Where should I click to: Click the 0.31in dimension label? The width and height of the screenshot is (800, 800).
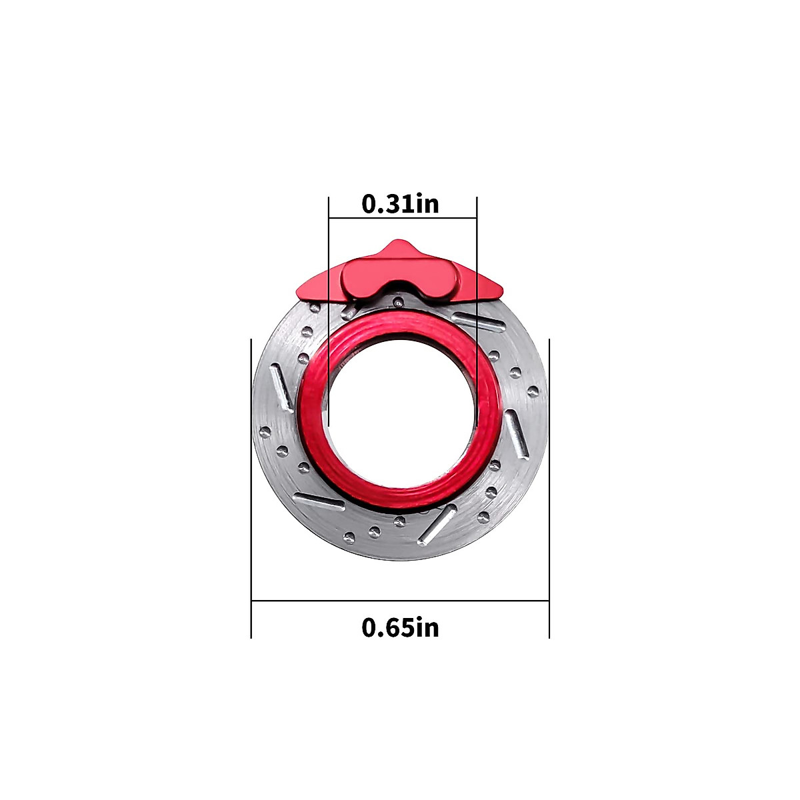(401, 203)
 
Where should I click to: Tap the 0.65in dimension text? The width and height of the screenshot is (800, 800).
(401, 627)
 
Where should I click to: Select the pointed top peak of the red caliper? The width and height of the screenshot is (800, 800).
(399, 244)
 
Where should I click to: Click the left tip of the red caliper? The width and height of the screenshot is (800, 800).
(300, 290)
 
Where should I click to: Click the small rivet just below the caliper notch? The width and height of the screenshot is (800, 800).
(398, 302)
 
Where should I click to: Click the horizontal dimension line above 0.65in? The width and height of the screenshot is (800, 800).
(400, 601)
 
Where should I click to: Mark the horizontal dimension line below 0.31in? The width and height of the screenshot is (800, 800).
(403, 217)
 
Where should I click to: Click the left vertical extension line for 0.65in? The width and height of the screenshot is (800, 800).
(251, 487)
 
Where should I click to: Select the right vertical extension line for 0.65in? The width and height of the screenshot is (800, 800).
(549, 487)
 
